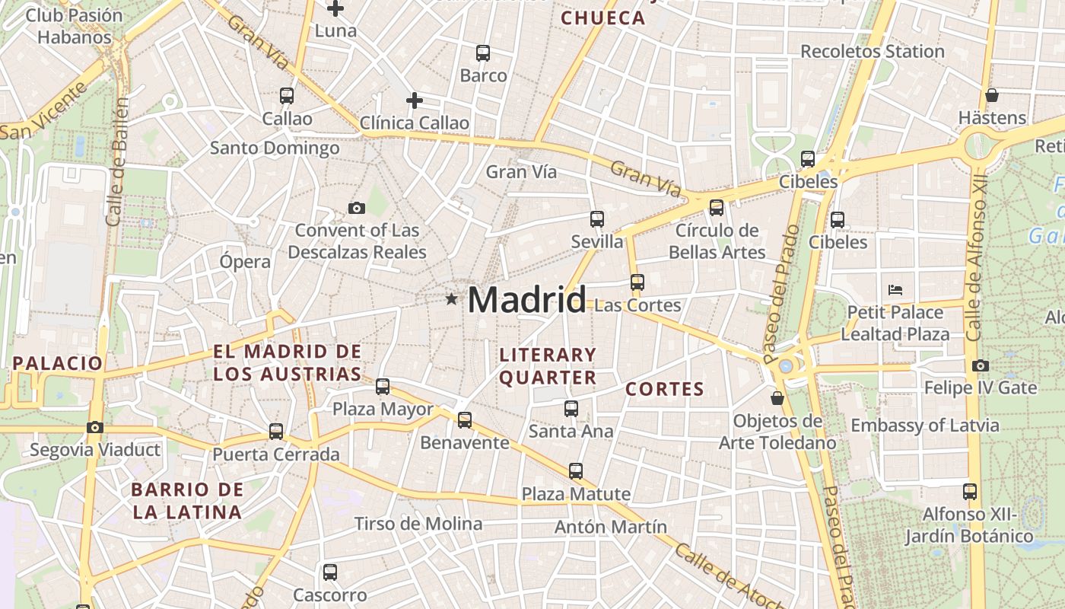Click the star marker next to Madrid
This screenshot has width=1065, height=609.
452,299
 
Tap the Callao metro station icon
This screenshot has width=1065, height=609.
287,96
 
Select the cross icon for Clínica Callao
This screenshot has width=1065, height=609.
414,100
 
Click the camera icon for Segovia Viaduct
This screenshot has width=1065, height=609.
94,428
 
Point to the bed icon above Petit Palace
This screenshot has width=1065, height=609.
895,290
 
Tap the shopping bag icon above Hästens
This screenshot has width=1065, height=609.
991,96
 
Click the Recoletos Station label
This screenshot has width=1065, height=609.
872,52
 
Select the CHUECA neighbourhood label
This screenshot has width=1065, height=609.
602,18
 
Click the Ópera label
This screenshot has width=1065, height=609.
245,262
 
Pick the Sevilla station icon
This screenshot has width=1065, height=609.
597,219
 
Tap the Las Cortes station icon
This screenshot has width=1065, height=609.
637,282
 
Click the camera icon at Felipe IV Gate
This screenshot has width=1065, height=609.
980,366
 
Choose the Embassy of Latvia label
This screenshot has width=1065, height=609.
924,426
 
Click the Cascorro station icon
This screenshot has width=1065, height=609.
329,572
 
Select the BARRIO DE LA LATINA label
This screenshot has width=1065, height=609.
187,500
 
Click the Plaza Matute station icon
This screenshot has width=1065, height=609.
576,471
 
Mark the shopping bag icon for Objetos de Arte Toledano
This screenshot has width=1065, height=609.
777,398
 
